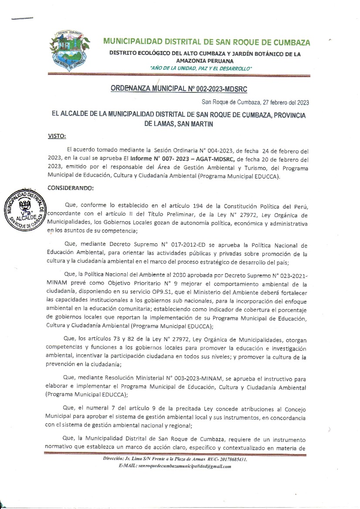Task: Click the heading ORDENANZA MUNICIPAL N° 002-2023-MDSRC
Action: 179,89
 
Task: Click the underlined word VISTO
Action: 56,136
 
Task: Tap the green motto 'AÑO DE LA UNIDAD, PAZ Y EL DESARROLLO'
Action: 200,69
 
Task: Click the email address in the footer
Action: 184,466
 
